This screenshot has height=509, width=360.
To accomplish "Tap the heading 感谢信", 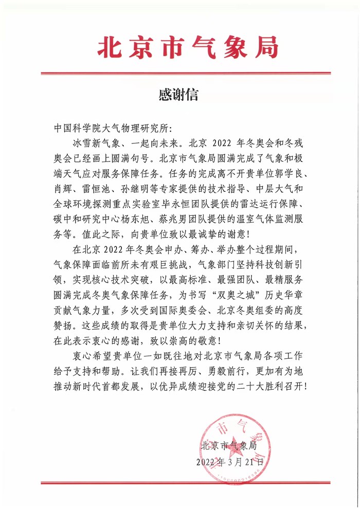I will coord(179,95).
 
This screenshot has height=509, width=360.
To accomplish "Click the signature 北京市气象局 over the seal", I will coord(230,445).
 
